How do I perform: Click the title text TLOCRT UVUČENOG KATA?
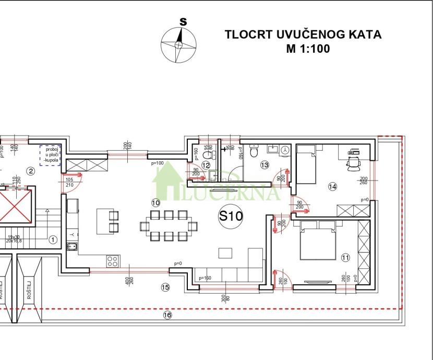tap(303, 35)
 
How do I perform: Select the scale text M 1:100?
tap(303, 49)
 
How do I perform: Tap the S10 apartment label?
tap(230, 216)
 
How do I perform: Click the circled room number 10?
tap(155, 202)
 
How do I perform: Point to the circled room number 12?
tap(206, 165)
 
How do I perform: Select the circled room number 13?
tap(264, 165)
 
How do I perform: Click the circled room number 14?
tap(333, 186)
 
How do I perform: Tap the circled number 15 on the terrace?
tap(165, 286)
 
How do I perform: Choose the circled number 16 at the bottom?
tap(167, 315)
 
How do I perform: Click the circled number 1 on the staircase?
tap(52, 240)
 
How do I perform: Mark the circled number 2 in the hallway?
tap(30, 171)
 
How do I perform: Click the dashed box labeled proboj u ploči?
tap(51, 155)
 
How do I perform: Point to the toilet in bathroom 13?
tap(254, 152)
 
